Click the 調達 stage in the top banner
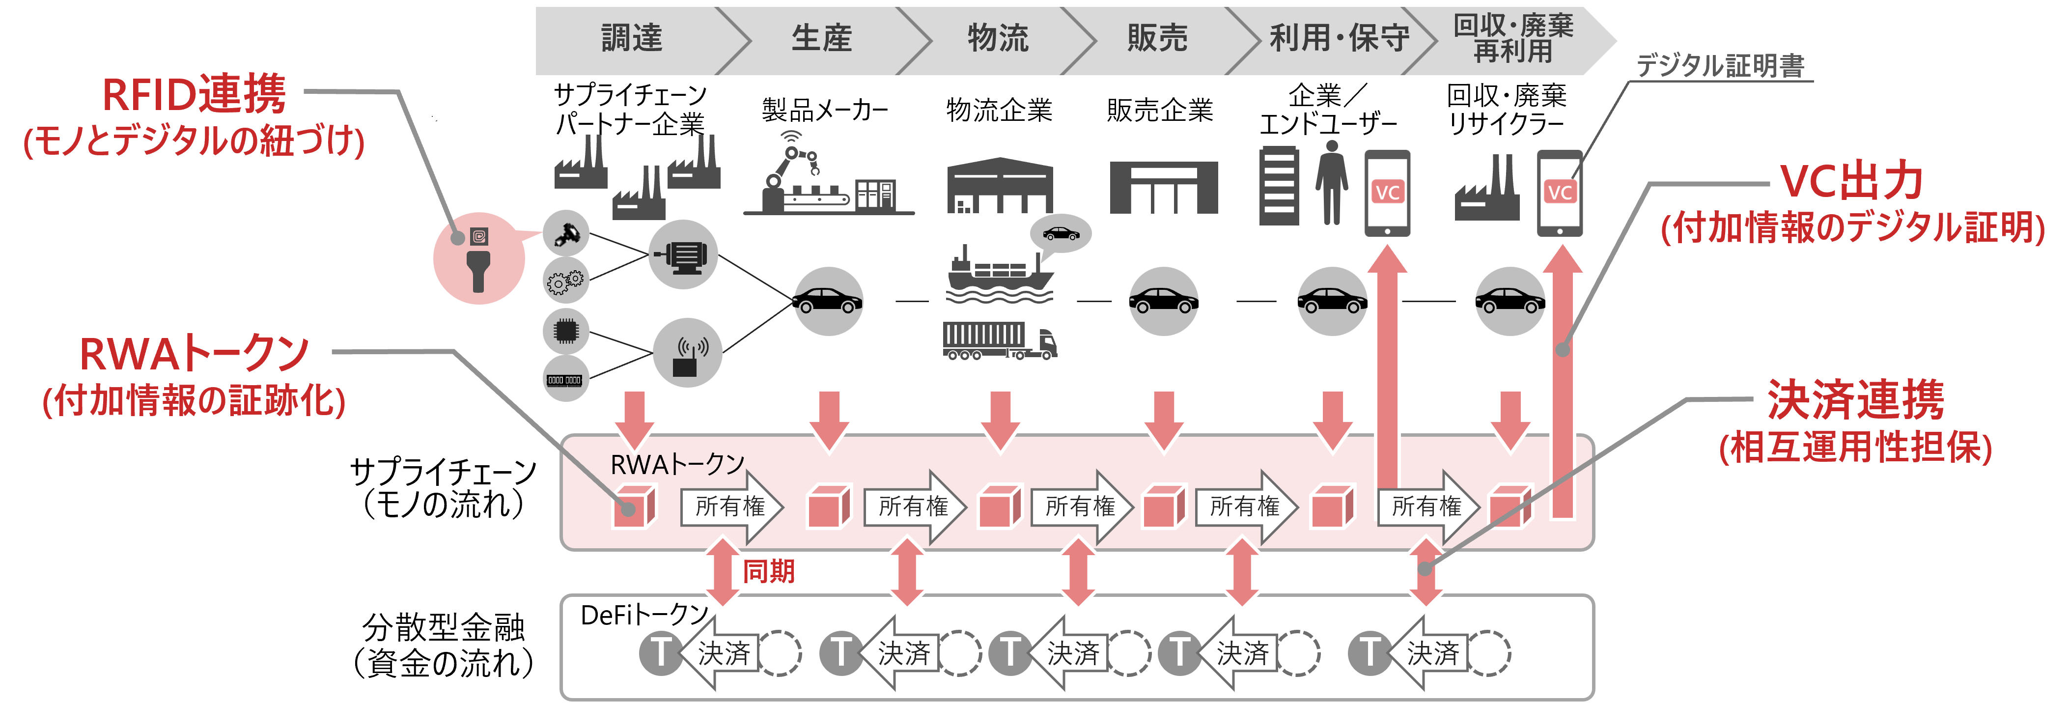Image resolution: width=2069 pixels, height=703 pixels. tap(632, 38)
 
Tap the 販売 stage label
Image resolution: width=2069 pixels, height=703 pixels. tap(1157, 38)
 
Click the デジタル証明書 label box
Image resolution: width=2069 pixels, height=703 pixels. tap(1720, 63)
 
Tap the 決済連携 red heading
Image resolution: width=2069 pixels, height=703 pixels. tap(1855, 399)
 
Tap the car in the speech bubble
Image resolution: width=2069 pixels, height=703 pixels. tap(1060, 234)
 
